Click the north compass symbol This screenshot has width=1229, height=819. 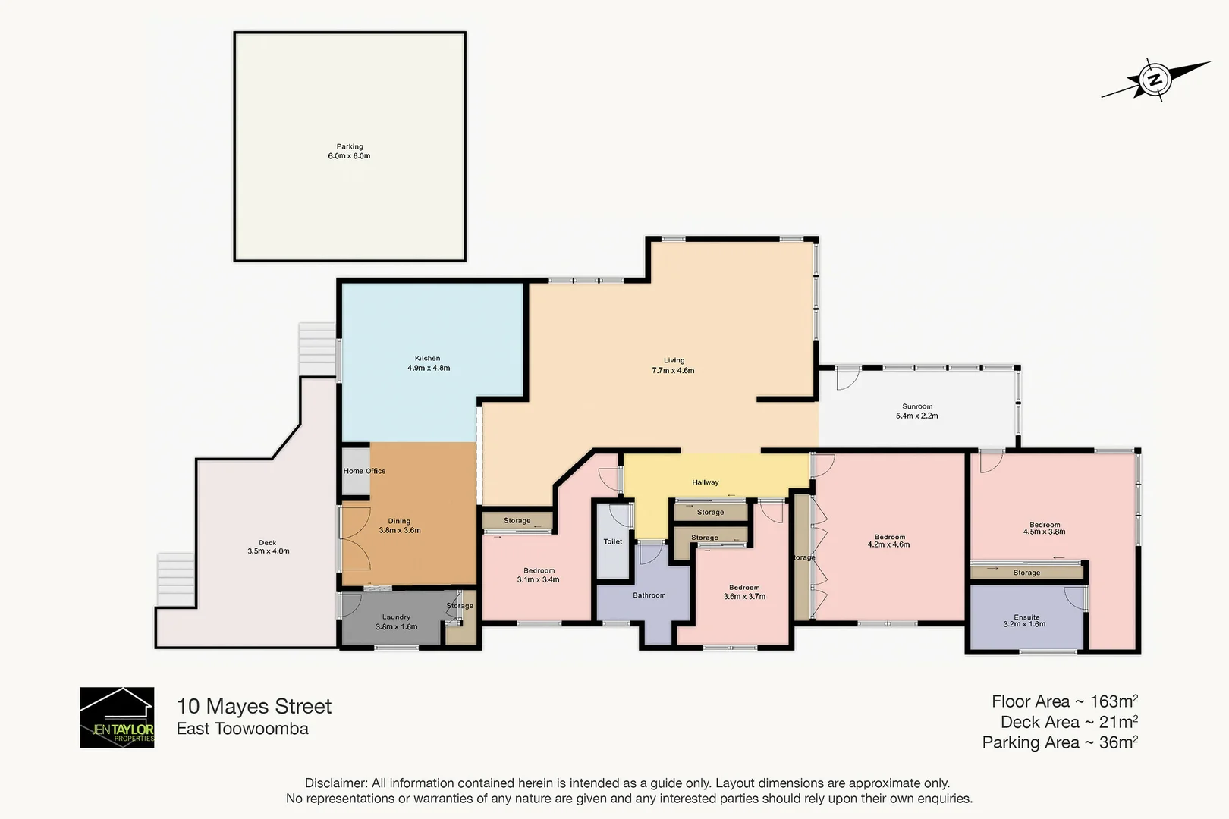(x=1155, y=80)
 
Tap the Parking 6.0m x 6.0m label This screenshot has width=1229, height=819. (x=349, y=151)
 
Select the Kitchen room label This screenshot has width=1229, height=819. (x=428, y=363)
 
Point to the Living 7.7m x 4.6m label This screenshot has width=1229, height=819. (x=673, y=366)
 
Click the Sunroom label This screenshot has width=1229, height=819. (x=916, y=411)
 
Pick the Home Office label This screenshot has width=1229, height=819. (x=364, y=471)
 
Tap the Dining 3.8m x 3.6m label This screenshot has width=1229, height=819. (x=399, y=526)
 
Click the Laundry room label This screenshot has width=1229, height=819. (x=396, y=622)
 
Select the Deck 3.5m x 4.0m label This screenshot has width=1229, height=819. (x=268, y=547)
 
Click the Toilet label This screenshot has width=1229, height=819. (x=612, y=541)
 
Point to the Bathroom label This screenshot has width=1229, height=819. (x=649, y=595)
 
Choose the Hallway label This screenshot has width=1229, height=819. (x=705, y=482)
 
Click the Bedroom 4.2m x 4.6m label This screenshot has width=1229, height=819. (x=889, y=541)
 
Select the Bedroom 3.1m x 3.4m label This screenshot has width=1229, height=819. (x=539, y=575)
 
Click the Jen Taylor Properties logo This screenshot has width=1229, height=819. (x=117, y=717)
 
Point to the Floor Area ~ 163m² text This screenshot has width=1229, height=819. (x=1064, y=701)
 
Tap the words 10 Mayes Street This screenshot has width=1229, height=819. (x=254, y=707)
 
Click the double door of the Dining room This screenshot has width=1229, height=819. (x=355, y=539)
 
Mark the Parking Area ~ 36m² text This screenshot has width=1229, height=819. (x=1059, y=742)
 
